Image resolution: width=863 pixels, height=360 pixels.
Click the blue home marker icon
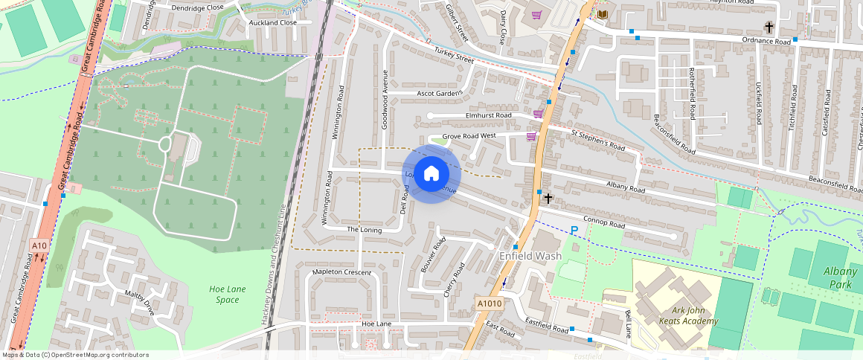(431, 174)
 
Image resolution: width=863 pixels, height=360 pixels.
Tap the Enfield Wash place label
(530, 256)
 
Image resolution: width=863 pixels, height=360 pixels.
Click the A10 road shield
(39, 245)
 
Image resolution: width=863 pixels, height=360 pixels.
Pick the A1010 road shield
(489, 303)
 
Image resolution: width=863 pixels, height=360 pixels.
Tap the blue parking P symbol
(574, 231)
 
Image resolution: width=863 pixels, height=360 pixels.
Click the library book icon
(603, 15)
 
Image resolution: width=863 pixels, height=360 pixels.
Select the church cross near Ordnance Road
(769, 28)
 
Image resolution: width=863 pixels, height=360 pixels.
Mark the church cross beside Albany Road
(548, 199)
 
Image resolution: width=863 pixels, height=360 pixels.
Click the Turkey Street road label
(454, 53)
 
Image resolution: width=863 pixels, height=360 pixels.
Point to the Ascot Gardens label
(439, 94)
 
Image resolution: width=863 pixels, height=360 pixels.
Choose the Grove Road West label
(469, 137)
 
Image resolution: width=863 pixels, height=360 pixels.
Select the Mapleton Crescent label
(341, 273)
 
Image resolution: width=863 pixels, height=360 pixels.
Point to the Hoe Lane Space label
(224, 294)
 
